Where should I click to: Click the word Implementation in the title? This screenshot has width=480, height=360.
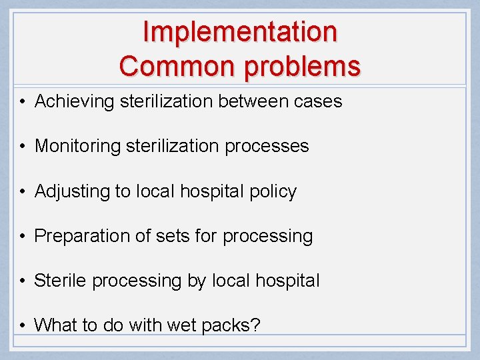tap(240, 32)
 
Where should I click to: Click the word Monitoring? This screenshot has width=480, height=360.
tap(77, 147)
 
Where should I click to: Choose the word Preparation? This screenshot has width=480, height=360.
tap(82, 237)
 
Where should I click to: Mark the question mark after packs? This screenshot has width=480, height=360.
tap(256, 325)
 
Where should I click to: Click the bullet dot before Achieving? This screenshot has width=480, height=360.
tap(23, 103)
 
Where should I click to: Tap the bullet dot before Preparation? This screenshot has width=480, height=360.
tap(23, 237)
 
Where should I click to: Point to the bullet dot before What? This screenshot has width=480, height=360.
tap(23, 326)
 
